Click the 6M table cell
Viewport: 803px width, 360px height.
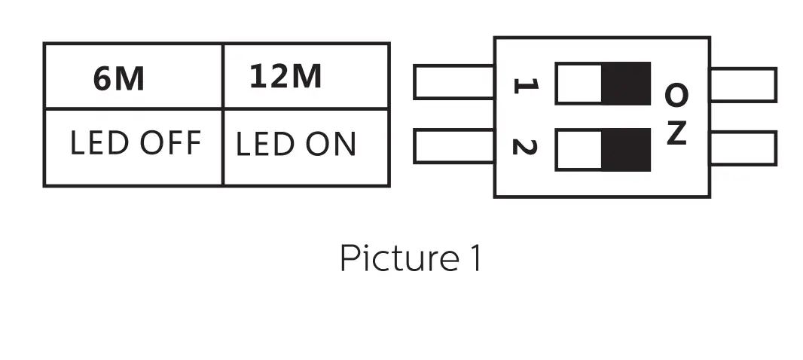[133, 76]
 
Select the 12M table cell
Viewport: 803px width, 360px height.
[307, 76]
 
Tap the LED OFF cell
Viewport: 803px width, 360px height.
[133, 146]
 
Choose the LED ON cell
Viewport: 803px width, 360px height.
[307, 146]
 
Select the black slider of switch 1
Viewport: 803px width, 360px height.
[626, 83]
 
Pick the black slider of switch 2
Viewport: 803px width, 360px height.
[626, 149]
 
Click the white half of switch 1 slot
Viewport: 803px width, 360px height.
[579, 83]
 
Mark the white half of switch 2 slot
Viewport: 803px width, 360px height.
[579, 149]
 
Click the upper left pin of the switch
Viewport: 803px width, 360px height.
[453, 82]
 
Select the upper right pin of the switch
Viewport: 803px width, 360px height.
[743, 84]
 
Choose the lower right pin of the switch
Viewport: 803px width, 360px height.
[743, 148]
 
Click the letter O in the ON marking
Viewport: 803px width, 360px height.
[676, 95]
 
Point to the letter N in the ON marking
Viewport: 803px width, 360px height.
[676, 134]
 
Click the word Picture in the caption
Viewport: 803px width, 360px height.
[395, 258]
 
